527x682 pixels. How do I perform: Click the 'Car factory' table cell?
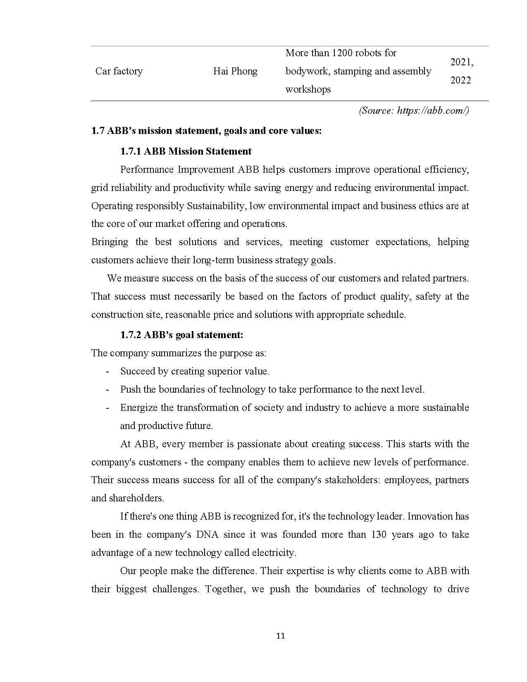tap(119, 72)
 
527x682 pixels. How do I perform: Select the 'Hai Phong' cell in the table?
tap(235, 72)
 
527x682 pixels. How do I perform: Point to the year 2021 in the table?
tap(461, 62)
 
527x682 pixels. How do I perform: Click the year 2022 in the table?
tap(460, 80)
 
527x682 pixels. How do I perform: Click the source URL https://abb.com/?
tap(432, 111)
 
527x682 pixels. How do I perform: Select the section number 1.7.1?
tap(131, 151)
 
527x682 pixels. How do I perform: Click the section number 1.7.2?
tap(131, 335)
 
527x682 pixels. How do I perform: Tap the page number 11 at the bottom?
tap(280, 636)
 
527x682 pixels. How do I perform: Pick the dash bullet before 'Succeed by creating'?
tap(107, 371)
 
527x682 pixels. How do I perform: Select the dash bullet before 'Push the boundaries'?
tap(107, 389)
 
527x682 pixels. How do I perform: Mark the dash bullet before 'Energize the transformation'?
tap(107, 408)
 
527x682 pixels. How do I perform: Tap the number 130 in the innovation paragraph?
tap(379, 534)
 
